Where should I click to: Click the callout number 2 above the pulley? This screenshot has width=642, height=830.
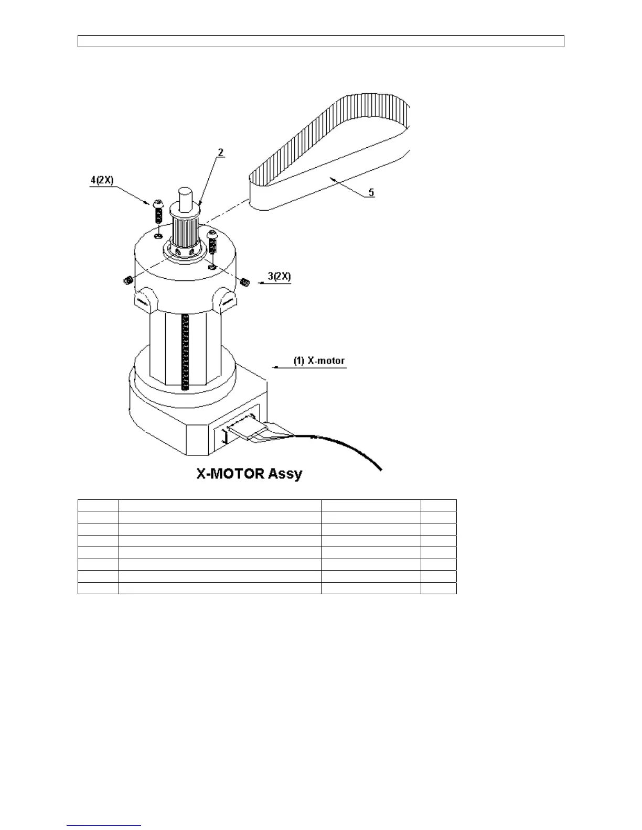tap(221, 152)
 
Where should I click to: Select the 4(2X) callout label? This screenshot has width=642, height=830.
tap(101, 180)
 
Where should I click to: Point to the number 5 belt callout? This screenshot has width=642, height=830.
tap(371, 192)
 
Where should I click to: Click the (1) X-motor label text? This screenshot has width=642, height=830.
tap(319, 361)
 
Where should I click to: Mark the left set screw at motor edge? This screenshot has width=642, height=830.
tap(126, 281)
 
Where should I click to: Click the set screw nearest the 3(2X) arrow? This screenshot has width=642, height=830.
tap(244, 282)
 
